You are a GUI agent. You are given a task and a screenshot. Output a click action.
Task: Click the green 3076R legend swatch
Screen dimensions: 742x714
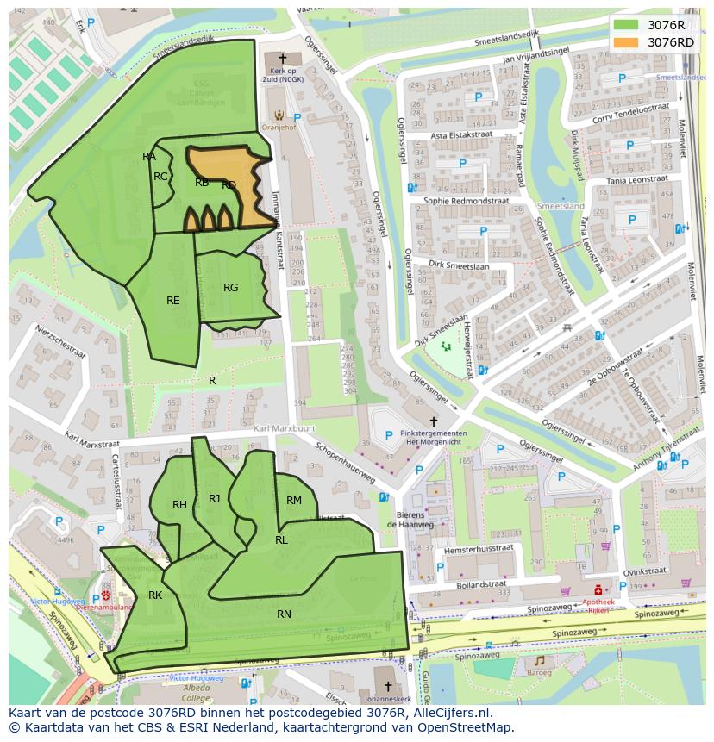[627, 25]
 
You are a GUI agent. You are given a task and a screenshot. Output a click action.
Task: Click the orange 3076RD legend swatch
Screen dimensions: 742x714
[627, 42]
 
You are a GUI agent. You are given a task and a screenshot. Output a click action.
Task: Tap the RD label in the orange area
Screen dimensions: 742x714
[229, 185]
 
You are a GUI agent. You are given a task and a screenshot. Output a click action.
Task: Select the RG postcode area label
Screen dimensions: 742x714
[230, 288]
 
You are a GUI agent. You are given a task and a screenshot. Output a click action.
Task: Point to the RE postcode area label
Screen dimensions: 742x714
[173, 301]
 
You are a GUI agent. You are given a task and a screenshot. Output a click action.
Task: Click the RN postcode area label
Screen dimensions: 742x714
[284, 614]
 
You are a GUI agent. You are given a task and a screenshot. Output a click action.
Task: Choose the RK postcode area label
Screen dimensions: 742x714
[155, 595]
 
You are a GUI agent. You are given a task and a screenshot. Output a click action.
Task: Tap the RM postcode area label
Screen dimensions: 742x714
[294, 501]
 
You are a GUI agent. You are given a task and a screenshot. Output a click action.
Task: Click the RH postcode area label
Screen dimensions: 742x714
[179, 505]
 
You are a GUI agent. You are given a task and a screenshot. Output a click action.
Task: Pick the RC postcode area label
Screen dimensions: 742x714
[160, 177]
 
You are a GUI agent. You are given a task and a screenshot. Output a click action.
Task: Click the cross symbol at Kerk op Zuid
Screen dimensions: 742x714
[282, 59]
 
